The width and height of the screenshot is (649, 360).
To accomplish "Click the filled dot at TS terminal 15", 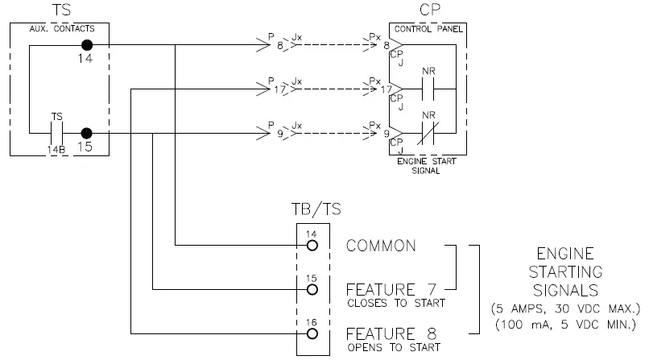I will tap(86, 133).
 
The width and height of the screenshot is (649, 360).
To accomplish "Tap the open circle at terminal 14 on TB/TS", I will tap(312, 245).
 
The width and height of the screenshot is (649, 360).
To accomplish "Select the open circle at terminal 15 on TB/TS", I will tap(312, 289).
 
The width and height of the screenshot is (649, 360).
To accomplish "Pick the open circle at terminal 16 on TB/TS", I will tap(312, 333).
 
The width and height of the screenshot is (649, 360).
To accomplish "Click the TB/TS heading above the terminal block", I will tap(315, 209).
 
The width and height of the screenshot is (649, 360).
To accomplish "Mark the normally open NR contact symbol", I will tap(428, 89).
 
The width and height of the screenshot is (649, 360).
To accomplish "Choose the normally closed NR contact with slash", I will tap(428, 133).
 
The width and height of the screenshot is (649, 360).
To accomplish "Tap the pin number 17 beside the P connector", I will tap(280, 90).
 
